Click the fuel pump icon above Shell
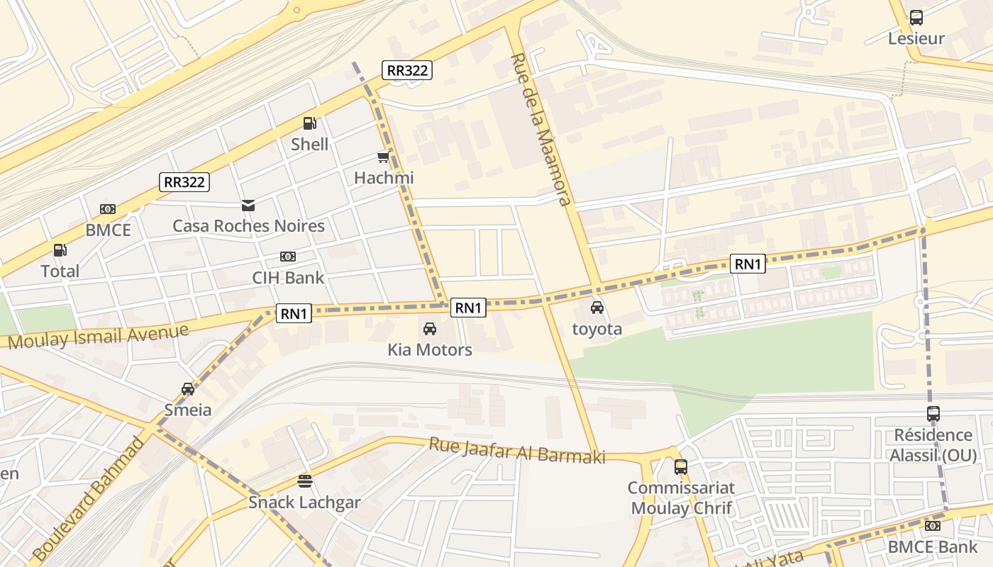point(309,123)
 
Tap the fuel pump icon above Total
point(60,250)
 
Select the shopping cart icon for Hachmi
point(384,157)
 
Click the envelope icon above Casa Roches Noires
point(248,206)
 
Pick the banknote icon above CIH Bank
point(288,257)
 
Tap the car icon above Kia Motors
point(430,329)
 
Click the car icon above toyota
point(597,308)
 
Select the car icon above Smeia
point(188,389)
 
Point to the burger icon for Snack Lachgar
point(305,482)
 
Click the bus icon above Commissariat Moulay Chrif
point(681,467)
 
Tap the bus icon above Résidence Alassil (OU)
point(933,414)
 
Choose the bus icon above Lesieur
point(916,18)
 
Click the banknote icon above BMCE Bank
point(933,526)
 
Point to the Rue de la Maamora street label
point(541,129)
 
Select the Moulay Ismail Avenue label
point(99,336)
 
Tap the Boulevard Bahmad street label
point(89,498)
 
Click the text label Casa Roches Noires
point(248,226)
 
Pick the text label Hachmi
point(384,177)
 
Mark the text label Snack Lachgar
point(304,503)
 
